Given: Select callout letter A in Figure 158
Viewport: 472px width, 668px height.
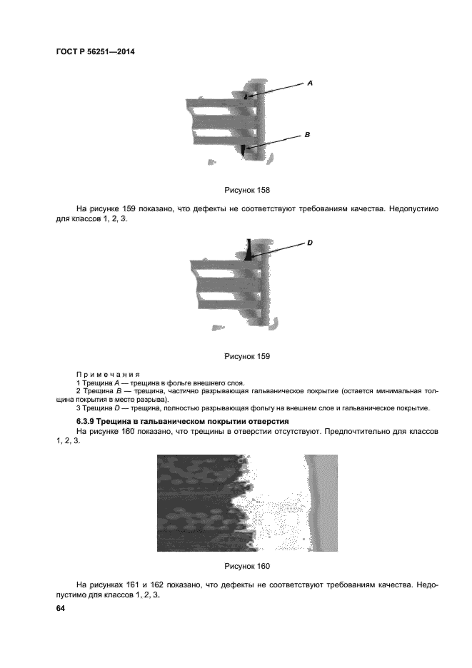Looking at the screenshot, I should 310,83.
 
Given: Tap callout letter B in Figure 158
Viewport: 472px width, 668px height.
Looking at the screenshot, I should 306,134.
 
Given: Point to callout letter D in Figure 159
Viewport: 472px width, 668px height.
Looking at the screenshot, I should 311,243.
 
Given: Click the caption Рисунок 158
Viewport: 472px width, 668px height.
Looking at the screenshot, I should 246,191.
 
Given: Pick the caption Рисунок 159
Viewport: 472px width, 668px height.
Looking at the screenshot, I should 246,355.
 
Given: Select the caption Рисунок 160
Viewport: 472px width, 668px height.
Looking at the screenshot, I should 246,567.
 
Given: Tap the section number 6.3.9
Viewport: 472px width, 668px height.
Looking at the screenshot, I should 87,422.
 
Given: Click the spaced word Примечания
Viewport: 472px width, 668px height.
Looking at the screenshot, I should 107,374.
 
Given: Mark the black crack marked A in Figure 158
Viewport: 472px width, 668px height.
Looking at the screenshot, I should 245,95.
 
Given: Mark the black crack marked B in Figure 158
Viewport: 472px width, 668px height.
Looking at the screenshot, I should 243,149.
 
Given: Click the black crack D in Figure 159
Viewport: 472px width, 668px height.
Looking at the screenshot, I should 248,251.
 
